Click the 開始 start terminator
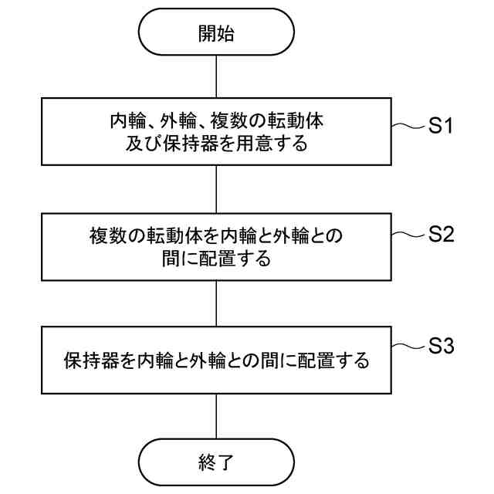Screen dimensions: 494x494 point(216,34)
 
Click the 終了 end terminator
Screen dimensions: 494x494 point(216,462)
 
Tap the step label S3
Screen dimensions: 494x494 point(440,347)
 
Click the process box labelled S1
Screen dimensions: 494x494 point(216,131)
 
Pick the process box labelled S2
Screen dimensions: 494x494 point(216,246)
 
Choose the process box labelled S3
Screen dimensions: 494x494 point(216,360)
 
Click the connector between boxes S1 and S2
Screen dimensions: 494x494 point(216,189)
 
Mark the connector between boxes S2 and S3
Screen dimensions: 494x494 point(216,303)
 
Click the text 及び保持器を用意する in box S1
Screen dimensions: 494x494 point(216,143)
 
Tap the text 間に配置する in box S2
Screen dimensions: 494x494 point(216,259)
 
